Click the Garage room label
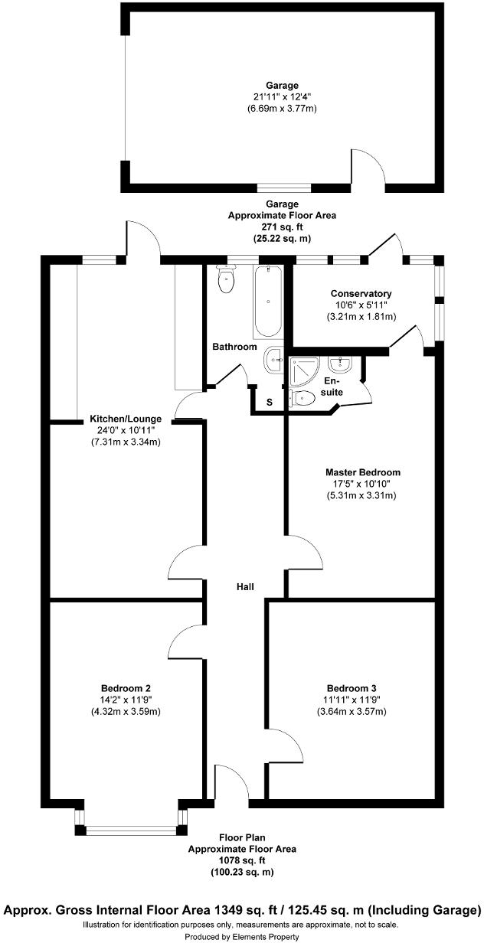[x=281, y=85]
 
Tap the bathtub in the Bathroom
[x=268, y=302]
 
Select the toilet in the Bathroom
[x=227, y=281]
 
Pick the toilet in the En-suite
[x=303, y=397]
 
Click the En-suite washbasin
[x=339, y=362]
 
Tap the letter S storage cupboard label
[x=269, y=402]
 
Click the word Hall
[x=244, y=587]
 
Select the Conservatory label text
[x=361, y=294]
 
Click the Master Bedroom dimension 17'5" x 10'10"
[x=362, y=484]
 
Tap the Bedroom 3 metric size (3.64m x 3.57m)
[x=352, y=711]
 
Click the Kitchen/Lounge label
[x=126, y=419]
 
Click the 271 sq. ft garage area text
[x=282, y=227]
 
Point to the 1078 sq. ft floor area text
[x=242, y=860]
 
